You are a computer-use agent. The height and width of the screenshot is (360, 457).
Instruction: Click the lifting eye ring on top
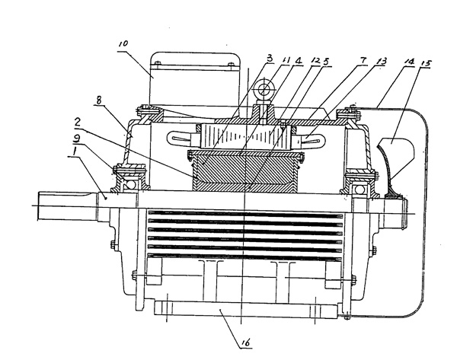(262, 91)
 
